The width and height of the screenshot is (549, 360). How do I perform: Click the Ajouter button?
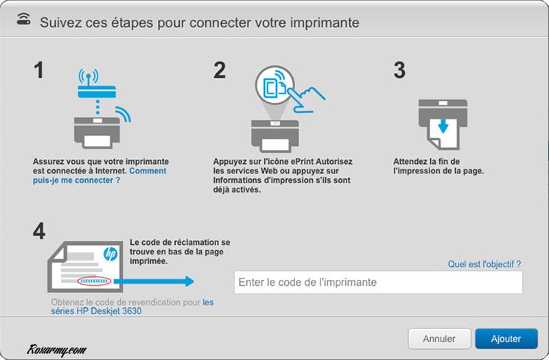point(506,339)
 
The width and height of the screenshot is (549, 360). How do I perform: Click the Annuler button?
point(439,339)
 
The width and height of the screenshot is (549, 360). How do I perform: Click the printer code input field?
point(378,282)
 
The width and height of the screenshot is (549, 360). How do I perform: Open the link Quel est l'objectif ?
point(484,263)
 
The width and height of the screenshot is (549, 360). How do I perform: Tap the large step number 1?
point(40,71)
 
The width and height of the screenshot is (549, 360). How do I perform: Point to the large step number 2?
point(220,71)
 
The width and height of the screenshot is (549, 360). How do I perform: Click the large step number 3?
point(399,71)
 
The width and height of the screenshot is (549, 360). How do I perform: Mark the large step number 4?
point(40,232)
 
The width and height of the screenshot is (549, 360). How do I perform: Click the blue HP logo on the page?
point(110,254)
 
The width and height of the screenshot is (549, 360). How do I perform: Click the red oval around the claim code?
point(94,281)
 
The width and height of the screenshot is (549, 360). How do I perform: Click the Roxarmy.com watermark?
point(58,350)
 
